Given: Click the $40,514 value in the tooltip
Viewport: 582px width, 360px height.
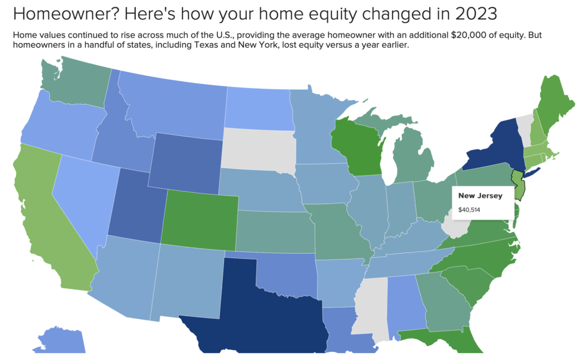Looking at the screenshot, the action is [x=469, y=210].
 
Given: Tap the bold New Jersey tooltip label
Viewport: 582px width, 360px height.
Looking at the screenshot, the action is [x=480, y=196].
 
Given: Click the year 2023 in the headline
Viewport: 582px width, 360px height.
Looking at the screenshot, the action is [x=476, y=14].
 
